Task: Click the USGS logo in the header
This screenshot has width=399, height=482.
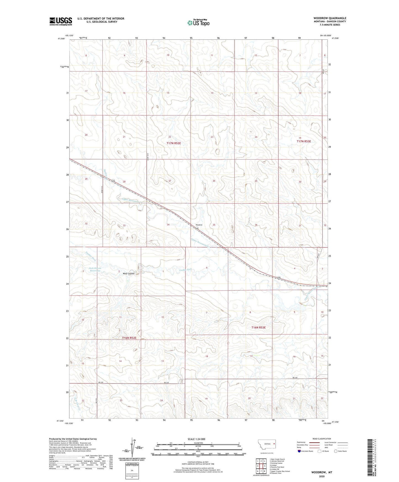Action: [61, 21]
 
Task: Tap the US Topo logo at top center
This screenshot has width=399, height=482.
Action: [198, 23]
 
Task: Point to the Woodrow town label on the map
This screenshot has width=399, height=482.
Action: [199, 225]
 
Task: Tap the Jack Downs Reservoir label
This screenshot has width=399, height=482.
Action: [95, 269]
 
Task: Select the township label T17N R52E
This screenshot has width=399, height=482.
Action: [174, 143]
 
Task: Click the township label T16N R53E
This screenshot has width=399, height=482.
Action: [258, 327]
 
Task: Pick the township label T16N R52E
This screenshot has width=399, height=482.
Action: [129, 338]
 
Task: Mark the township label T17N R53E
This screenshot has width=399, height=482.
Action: [304, 141]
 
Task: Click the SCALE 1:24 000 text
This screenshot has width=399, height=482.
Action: [196, 439]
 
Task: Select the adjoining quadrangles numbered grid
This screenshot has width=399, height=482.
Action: [261, 466]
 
